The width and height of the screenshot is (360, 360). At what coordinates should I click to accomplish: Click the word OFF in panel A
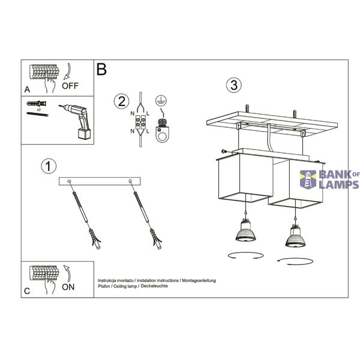[x=70, y=86]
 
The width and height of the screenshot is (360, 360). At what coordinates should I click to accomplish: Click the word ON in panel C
[x=68, y=287]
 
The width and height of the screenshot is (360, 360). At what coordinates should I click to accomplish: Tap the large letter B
[x=101, y=69]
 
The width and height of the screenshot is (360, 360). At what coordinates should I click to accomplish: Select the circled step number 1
[x=49, y=166]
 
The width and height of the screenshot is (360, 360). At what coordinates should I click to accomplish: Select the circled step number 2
[x=121, y=101]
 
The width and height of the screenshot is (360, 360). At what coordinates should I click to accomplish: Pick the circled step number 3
[x=234, y=85]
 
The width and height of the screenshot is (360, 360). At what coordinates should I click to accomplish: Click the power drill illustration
[x=76, y=121]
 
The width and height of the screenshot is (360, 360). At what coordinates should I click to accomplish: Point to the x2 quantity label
[x=39, y=110]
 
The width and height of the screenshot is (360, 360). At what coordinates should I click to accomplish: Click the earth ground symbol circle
[x=161, y=100]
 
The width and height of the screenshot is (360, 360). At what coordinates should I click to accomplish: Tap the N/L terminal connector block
[x=140, y=122]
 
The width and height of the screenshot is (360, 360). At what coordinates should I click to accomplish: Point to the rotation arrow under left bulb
[x=245, y=256]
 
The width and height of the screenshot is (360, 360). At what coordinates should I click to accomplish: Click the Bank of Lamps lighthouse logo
[x=308, y=179]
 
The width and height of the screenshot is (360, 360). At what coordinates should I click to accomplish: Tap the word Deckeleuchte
[x=154, y=286]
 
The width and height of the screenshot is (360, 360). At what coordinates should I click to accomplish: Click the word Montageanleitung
[x=199, y=281]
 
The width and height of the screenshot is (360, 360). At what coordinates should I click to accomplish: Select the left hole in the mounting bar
[x=69, y=181]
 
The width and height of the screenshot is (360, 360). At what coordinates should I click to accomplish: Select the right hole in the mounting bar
[x=130, y=181]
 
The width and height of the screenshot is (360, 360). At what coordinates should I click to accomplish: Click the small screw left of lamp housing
[x=224, y=151]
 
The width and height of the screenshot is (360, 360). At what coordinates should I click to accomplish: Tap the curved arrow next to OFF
[x=68, y=71]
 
